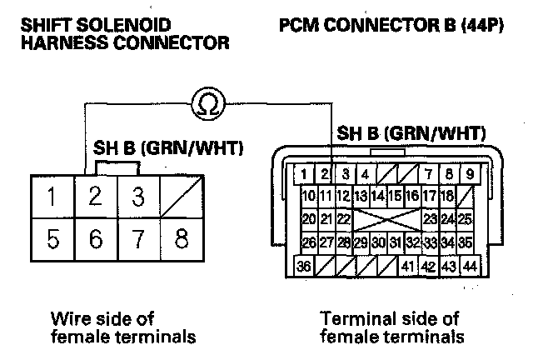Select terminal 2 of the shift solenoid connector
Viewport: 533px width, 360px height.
pyautogui.click(x=96, y=198)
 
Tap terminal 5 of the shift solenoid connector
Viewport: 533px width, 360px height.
pyautogui.click(x=52, y=240)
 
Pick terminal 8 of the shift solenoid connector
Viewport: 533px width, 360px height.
pyautogui.click(x=180, y=240)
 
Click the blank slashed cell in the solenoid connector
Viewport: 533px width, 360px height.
pyautogui.click(x=180, y=198)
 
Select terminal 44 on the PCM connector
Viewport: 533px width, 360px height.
pyautogui.click(x=469, y=267)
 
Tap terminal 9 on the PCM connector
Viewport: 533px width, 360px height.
pyautogui.click(x=470, y=175)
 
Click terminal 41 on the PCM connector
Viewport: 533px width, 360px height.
pyautogui.click(x=407, y=267)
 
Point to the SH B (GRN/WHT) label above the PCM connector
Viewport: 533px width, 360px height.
pyautogui.click(x=411, y=133)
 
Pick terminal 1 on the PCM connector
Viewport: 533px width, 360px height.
pyautogui.click(x=306, y=175)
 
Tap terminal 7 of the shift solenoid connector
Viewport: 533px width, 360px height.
pyautogui.click(x=137, y=240)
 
